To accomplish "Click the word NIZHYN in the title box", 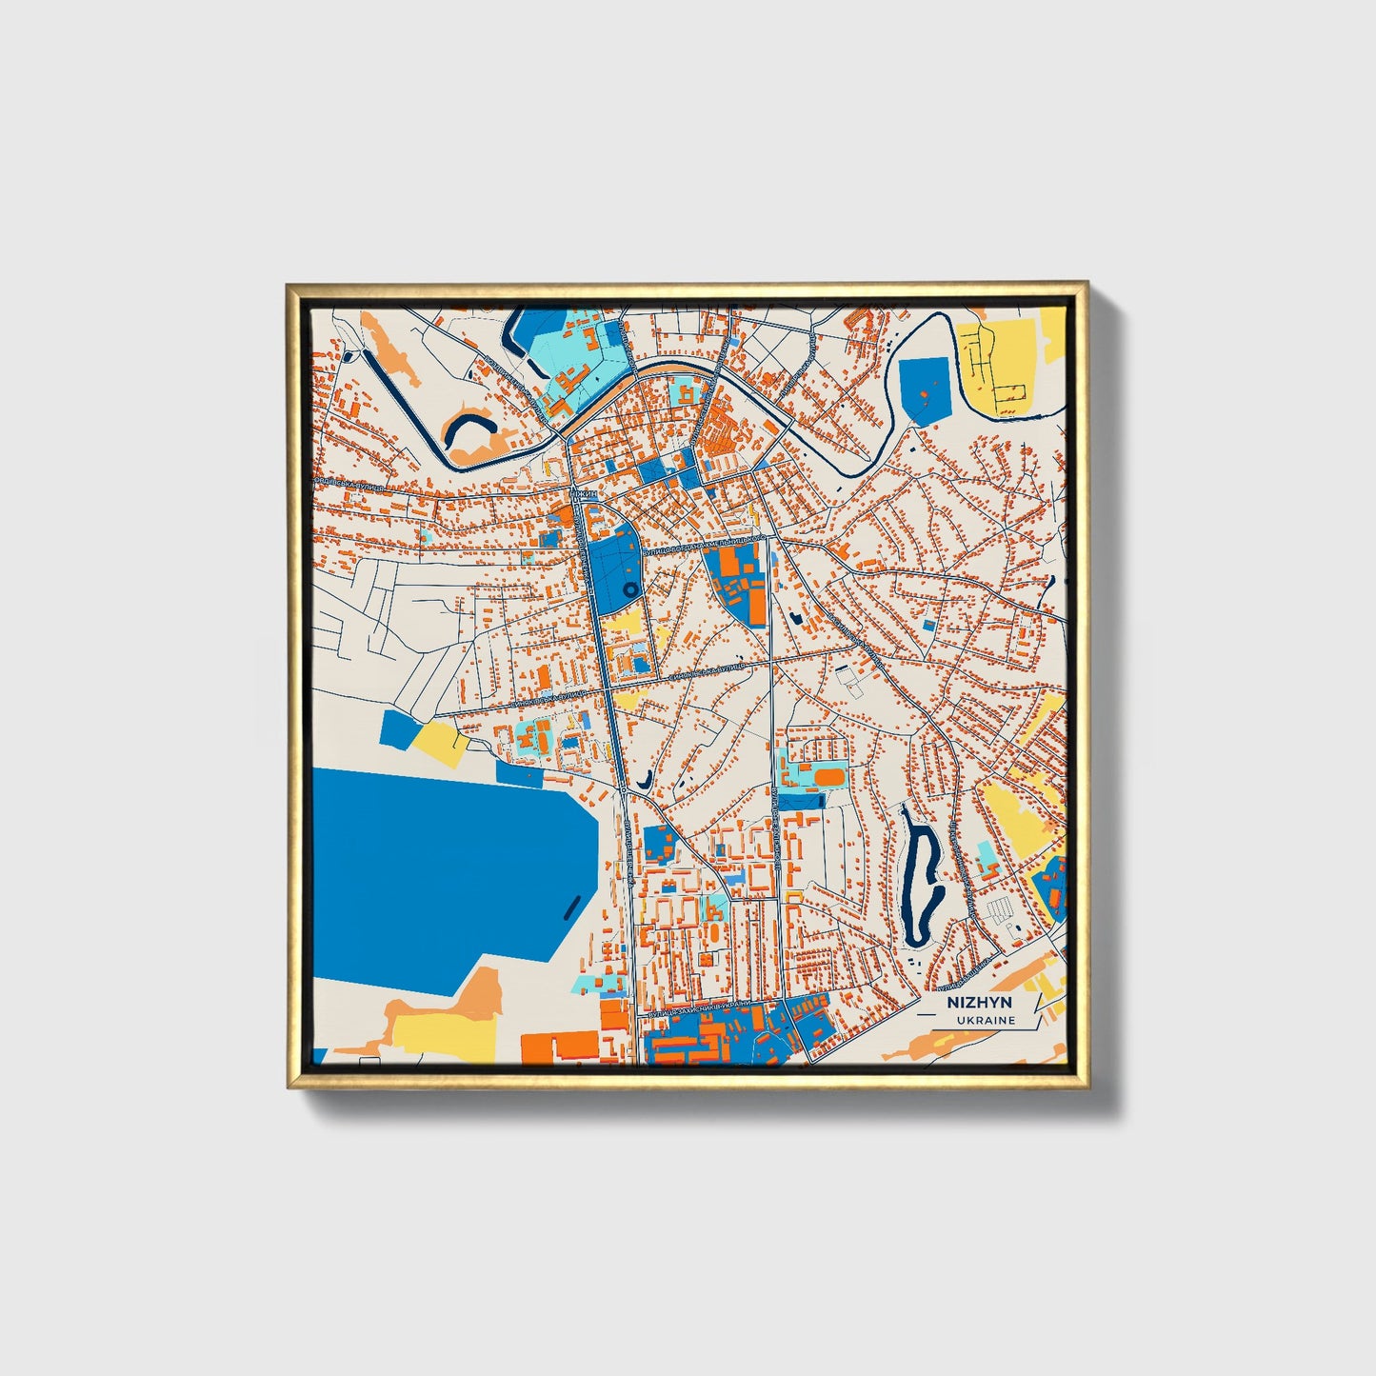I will (979, 1003).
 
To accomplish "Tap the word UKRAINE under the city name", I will (986, 1020).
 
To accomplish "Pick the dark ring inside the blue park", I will (629, 591).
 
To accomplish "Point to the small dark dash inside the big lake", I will (569, 906).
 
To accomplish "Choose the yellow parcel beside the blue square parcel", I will (440, 740).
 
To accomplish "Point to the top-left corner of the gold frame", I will (289, 284).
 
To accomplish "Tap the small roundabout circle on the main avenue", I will (622, 789).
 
